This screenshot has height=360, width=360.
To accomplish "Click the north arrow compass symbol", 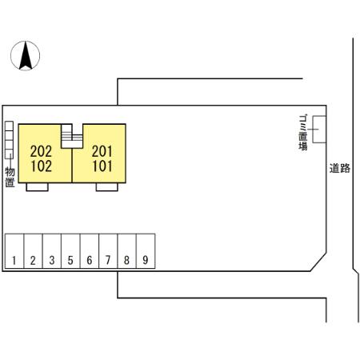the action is (x=25, y=56).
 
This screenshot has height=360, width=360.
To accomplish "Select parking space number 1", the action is (x=14, y=251).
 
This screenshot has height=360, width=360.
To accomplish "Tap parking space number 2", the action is (x=33, y=251).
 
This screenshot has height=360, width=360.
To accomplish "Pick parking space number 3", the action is (x=52, y=251).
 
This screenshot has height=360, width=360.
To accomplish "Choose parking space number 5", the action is (x=70, y=251).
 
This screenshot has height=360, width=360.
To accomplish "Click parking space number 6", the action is (x=90, y=251).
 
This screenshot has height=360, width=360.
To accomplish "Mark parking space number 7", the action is (x=108, y=251).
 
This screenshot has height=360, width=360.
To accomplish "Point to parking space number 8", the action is (x=127, y=251).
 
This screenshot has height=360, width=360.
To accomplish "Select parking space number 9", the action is (x=146, y=251).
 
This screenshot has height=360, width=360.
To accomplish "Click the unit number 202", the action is (x=41, y=151).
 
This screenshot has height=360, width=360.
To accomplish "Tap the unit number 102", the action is (x=41, y=166).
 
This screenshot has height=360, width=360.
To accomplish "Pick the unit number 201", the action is (x=102, y=151).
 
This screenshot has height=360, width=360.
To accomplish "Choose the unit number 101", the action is (x=102, y=166).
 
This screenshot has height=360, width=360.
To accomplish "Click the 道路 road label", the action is (x=339, y=168).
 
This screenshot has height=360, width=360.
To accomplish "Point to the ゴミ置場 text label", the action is (x=303, y=133).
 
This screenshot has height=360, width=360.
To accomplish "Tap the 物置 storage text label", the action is (x=10, y=178).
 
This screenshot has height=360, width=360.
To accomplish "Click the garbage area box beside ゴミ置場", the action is (x=319, y=130).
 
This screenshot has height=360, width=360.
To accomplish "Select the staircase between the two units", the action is (x=72, y=136).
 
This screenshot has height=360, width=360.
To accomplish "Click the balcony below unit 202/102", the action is (x=37, y=187).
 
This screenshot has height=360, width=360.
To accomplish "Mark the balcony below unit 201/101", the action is (x=107, y=187).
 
